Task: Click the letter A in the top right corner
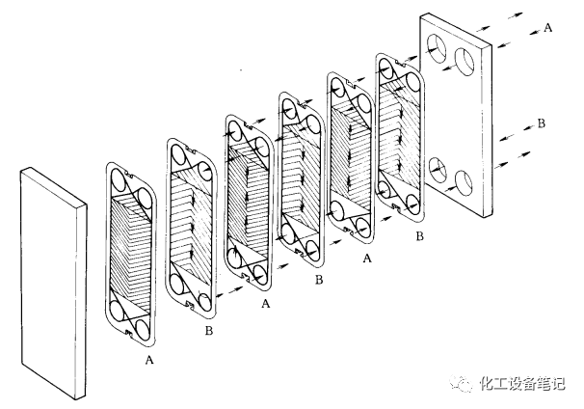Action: point(548,27)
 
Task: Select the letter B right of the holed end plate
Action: point(542,123)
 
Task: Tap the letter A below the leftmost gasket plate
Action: point(149,360)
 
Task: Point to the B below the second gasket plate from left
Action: point(209,330)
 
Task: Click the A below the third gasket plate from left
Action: point(265,304)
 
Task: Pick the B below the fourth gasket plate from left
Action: point(319,280)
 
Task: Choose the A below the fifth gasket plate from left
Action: point(367,258)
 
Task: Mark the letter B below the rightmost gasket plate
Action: point(419,236)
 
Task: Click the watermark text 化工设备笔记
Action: point(522,384)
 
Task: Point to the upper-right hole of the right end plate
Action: point(465,62)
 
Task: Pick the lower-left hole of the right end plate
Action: point(438,171)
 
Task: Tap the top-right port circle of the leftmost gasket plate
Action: point(144,200)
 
